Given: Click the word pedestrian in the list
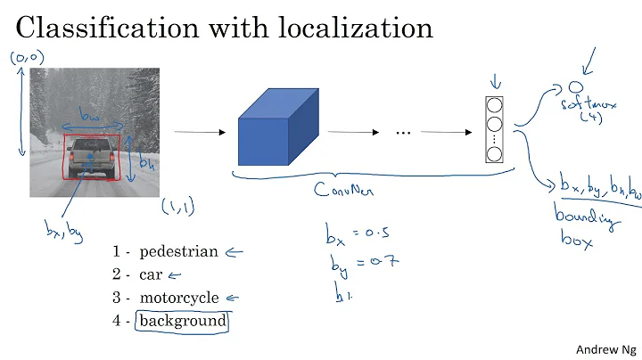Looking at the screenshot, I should point(178,251).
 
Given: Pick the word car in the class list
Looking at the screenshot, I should point(150,274).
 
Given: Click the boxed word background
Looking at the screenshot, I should point(181,321).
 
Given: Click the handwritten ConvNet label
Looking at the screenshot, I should point(344,190).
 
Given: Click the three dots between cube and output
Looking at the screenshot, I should point(402,133).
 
